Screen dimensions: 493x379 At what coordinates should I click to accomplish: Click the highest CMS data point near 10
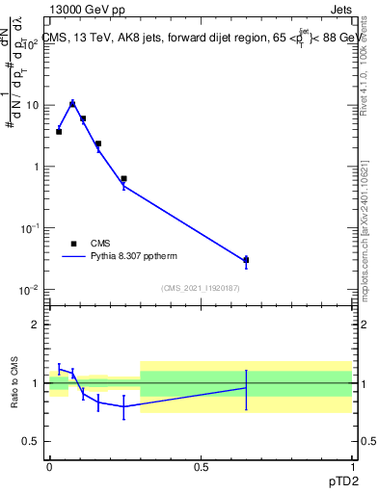click(72, 104)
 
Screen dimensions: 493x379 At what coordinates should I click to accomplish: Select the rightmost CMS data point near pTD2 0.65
click(246, 260)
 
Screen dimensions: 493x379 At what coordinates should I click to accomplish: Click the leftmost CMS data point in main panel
click(59, 131)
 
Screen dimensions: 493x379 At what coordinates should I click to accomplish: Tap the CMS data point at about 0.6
click(123, 178)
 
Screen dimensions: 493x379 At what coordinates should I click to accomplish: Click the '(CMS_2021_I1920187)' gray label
click(201, 288)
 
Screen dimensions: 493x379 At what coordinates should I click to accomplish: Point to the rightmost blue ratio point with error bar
click(246, 388)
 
